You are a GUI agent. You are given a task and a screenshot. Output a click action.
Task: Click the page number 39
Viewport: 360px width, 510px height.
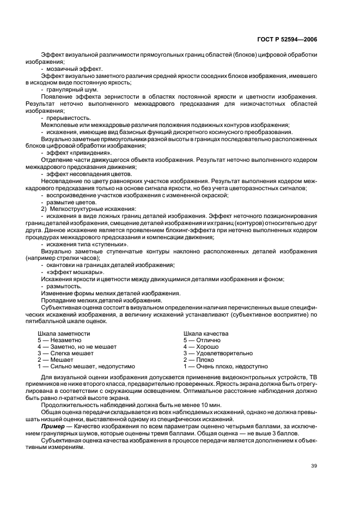[x=314, y=465]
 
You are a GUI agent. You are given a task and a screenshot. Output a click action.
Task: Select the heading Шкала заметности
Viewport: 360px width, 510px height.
[x=64, y=333]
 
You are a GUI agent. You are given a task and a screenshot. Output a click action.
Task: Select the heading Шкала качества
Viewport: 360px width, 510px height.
[x=206, y=333]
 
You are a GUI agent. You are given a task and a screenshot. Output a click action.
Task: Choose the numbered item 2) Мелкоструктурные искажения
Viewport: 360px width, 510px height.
[x=86, y=209]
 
